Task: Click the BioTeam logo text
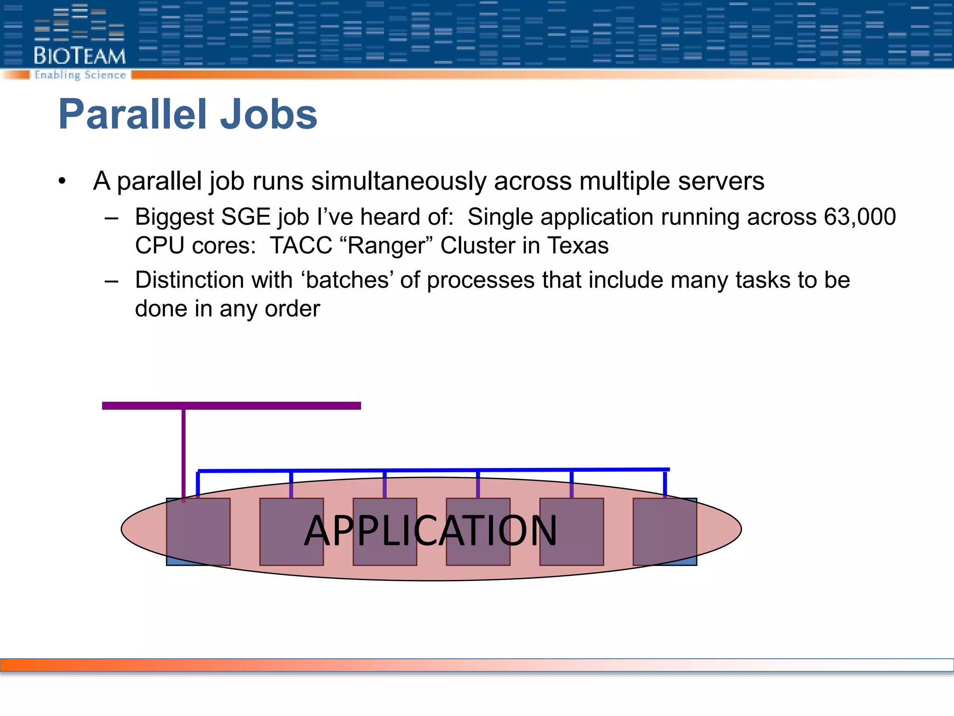click(80, 56)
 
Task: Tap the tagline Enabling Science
click(80, 75)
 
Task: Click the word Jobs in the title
click(268, 115)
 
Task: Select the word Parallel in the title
click(133, 115)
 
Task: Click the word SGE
click(245, 217)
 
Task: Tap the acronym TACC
click(301, 246)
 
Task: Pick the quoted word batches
click(348, 280)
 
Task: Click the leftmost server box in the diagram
click(198, 531)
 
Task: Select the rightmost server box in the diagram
click(665, 531)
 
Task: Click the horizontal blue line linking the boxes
click(433, 470)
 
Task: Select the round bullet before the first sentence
click(62, 181)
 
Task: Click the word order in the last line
click(293, 309)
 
